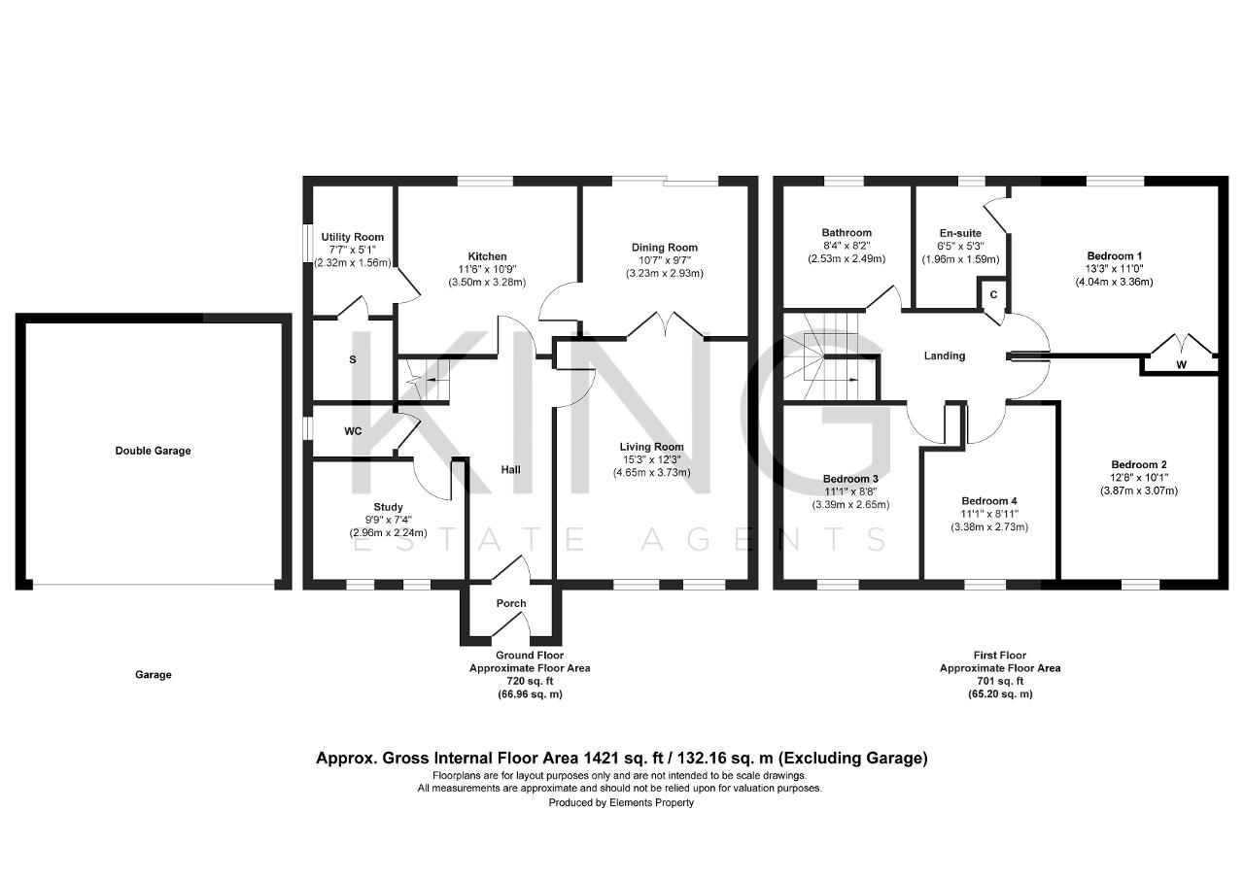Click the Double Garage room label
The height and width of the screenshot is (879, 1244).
coord(153,451)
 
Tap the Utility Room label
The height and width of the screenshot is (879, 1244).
coord(352,237)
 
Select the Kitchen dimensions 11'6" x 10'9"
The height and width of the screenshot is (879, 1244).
coord(487,269)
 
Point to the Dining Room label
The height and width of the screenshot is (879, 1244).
coord(664,248)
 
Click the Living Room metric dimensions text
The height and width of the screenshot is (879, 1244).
coord(651,473)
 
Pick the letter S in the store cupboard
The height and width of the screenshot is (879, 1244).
coord(352,359)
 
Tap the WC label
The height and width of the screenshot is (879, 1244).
coord(353,431)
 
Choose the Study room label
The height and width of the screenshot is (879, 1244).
coord(388,507)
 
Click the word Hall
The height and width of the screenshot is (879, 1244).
coord(511,469)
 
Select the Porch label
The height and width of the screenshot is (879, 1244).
coord(511,603)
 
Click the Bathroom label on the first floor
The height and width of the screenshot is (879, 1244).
coord(847,232)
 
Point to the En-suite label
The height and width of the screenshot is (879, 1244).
coord(960,233)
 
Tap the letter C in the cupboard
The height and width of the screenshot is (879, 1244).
coord(993,294)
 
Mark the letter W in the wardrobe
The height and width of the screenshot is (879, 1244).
coord(1182,364)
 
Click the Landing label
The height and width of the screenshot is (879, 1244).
coord(945,355)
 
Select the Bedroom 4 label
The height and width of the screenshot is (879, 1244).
coord(989,501)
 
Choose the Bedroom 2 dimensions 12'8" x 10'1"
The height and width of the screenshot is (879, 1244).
coord(1138,477)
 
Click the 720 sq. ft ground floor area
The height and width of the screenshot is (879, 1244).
coord(530,681)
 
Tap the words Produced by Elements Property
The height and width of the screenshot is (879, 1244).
coord(621,802)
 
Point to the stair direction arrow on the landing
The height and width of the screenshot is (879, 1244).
coord(841,380)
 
